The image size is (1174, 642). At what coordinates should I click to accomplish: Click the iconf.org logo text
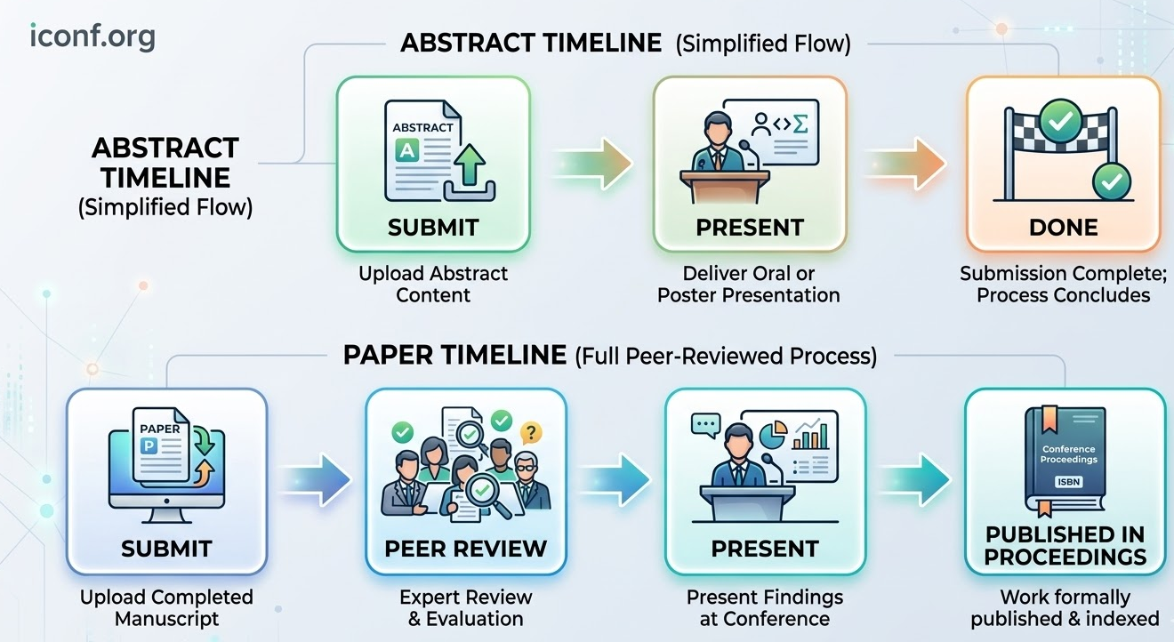[92, 36]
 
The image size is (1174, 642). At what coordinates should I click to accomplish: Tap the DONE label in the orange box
[1063, 227]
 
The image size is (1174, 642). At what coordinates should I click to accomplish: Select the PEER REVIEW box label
[465, 549]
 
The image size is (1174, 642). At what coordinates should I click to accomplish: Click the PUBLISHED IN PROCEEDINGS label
[1065, 546]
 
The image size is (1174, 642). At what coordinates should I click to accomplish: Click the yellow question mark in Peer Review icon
[530, 433]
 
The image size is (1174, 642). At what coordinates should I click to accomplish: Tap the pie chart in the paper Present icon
[775, 436]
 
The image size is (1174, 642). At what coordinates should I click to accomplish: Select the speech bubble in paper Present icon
[704, 424]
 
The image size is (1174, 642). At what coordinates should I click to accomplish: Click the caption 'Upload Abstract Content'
[433, 284]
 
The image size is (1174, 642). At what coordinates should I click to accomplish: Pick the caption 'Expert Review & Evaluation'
[465, 607]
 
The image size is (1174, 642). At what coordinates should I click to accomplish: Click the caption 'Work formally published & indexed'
[1065, 607]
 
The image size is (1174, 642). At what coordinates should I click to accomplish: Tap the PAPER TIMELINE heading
[454, 356]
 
